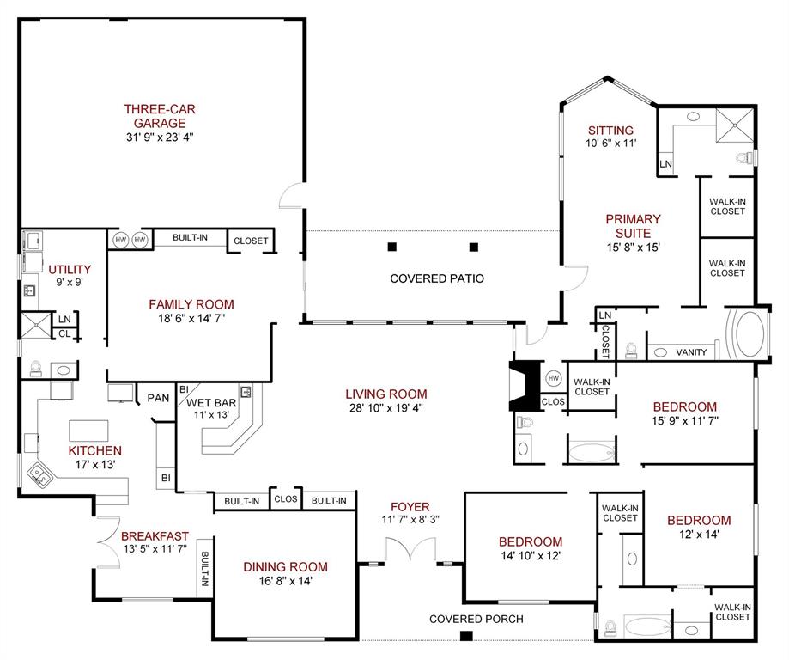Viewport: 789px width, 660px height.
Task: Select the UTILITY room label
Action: coord(70,269)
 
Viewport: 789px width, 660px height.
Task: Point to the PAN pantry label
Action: coord(158,398)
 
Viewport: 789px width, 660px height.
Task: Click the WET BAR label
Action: coord(210,402)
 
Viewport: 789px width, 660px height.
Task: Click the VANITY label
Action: coord(691,352)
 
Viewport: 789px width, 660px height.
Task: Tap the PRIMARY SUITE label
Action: coord(633,226)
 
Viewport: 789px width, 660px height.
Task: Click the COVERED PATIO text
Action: coord(437,278)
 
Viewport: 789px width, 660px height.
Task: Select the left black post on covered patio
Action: coord(392,247)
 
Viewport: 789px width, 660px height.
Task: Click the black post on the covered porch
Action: coord(466,636)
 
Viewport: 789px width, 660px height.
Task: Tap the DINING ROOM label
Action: coord(285,566)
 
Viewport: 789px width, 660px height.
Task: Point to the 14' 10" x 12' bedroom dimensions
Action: coord(531,556)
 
